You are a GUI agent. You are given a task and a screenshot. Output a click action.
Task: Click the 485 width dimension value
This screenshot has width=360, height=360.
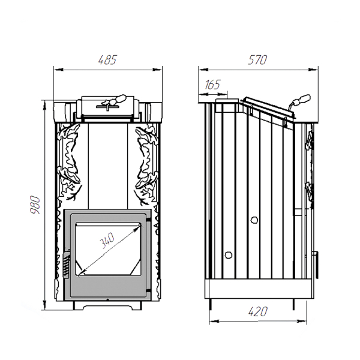(x=107, y=60)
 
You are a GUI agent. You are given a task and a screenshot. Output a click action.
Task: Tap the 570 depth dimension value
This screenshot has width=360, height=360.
(x=257, y=60)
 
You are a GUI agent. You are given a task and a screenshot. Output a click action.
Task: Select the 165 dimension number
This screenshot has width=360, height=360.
(x=212, y=85)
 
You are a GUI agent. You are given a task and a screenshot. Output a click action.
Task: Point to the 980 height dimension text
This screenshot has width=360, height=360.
(x=35, y=205)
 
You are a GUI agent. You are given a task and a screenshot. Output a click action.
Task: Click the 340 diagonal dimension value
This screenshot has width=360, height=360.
(x=107, y=241)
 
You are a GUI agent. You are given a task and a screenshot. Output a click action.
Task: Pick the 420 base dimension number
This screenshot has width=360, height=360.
(x=258, y=311)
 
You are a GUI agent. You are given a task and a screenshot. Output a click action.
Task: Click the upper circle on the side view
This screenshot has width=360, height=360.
(x=254, y=220)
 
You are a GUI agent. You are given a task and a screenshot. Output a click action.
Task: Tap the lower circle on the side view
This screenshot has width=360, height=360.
(x=229, y=254)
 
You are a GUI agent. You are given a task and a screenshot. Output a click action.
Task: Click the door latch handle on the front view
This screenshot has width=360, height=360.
(x=66, y=264)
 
